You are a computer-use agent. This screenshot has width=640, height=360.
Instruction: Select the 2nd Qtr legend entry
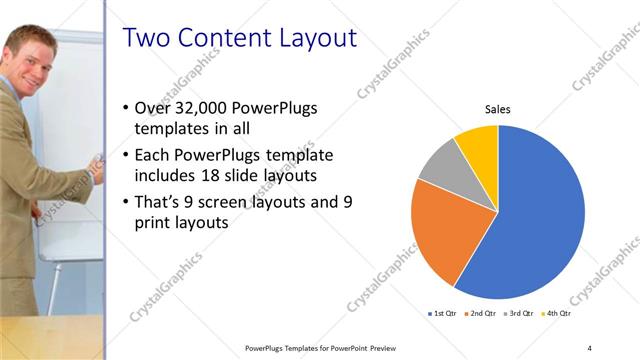(484, 314)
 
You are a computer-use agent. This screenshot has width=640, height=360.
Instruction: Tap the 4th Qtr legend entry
(559, 314)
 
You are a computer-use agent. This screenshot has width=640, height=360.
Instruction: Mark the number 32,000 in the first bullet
(197, 108)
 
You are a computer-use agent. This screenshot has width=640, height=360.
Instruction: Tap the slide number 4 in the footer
(589, 347)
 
